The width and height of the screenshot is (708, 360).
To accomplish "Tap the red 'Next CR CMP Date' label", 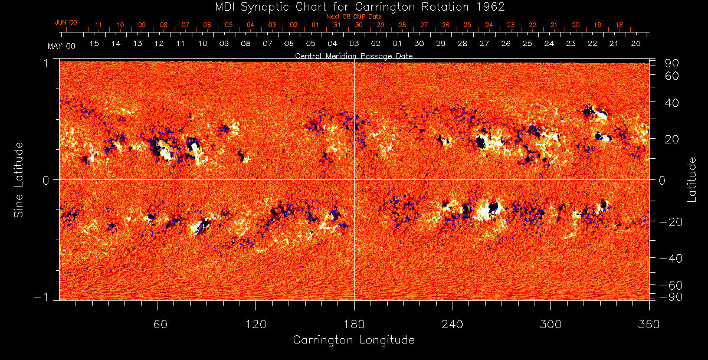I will (353, 17).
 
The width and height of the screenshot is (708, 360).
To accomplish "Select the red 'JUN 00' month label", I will (65, 22).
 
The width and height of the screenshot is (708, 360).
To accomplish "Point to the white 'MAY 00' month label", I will (61, 45).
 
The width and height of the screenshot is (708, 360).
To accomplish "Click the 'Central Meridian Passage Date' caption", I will (353, 55).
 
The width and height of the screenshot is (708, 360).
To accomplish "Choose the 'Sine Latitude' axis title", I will (19, 179).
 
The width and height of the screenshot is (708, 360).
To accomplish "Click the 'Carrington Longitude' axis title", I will (353, 340).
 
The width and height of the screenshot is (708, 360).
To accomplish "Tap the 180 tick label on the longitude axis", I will (354, 324).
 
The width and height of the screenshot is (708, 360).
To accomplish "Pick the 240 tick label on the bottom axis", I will (452, 324).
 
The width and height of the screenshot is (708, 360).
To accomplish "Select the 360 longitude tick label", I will (648, 324).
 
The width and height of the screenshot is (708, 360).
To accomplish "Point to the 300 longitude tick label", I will (550, 324).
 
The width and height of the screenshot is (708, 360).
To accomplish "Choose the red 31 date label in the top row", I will (337, 25).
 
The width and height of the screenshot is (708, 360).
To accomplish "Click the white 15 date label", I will (94, 44).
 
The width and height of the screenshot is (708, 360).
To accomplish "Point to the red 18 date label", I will (619, 25).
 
